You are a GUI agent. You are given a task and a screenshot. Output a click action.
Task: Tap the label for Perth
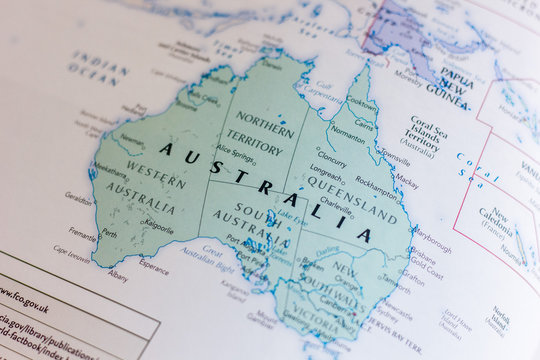click(x=109, y=234)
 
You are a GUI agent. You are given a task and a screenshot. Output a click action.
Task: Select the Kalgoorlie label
click(x=158, y=229)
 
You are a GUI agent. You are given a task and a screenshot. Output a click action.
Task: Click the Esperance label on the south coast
click(x=154, y=267)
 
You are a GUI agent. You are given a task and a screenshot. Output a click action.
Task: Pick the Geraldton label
click(x=78, y=197)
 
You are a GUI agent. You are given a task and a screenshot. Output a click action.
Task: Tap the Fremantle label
click(x=82, y=237)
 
